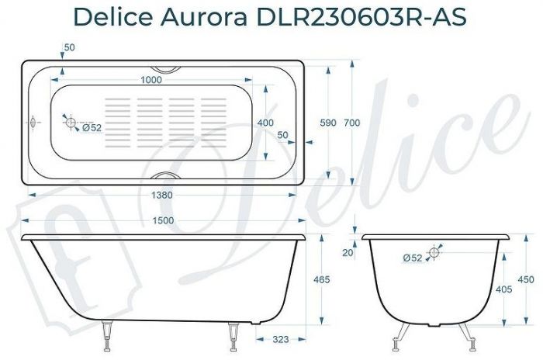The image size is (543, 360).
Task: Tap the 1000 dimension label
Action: pyautogui.click(x=151, y=80)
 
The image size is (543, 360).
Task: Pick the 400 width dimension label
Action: pyautogui.click(x=265, y=123)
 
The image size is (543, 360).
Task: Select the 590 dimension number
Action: pyautogui.click(x=329, y=123)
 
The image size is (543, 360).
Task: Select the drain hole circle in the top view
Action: pyautogui.click(x=70, y=123)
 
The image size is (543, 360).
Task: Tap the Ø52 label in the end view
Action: pyautogui.click(x=413, y=258)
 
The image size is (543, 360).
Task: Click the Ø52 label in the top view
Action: pyautogui.click(x=92, y=128)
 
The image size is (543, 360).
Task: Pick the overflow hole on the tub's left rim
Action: pyautogui.click(x=32, y=123)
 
